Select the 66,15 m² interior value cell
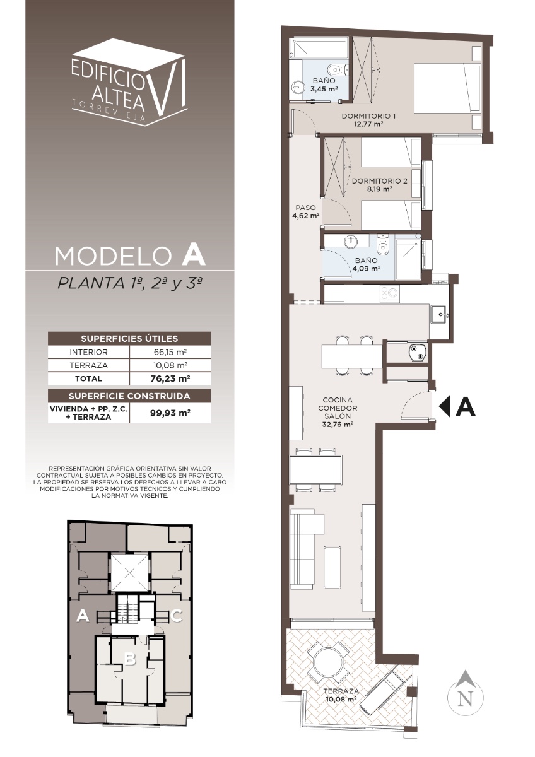[170, 352]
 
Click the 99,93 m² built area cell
[170, 413]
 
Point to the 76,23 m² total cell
[170, 378]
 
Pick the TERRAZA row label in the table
[88, 365]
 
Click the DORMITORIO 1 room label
[368, 116]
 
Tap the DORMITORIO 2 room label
[380, 181]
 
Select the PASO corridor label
[305, 208]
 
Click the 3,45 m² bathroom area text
[324, 89]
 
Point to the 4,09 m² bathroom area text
[367, 269]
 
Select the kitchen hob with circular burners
[390, 293]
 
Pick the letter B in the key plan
[130, 659]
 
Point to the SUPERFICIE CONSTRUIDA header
[129, 396]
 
